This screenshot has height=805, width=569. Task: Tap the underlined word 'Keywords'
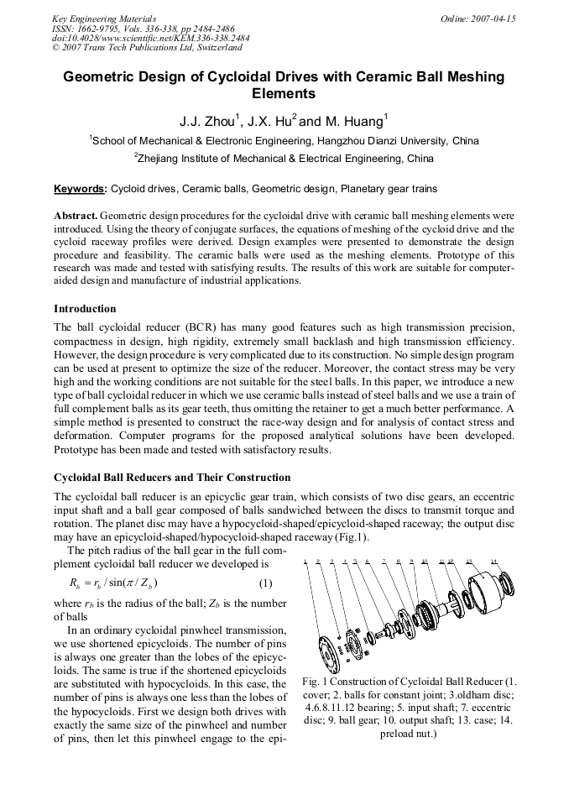tap(79, 189)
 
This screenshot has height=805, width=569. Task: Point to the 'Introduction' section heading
tap(85, 309)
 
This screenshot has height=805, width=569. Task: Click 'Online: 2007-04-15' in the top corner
tap(478, 18)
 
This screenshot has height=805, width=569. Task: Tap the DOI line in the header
tap(150, 38)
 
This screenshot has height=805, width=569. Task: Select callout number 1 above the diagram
tap(305, 561)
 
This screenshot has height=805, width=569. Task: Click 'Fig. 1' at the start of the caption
tap(312, 681)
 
